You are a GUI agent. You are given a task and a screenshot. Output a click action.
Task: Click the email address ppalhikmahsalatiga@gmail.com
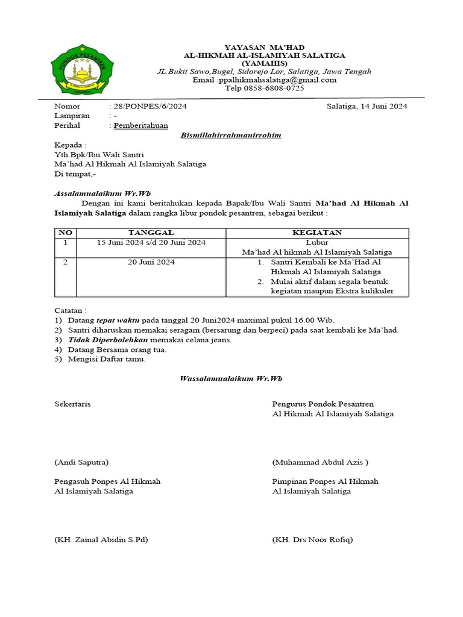[x=265, y=80]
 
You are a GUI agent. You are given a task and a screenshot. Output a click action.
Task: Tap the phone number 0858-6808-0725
[x=273, y=89]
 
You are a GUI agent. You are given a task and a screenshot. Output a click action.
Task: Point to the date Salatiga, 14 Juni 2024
[x=367, y=107]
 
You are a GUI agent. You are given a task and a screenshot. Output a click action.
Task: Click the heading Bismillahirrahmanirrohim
[x=231, y=136]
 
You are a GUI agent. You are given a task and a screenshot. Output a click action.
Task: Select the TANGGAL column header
[x=151, y=233]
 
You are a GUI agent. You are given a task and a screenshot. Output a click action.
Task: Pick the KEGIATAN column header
[x=317, y=233]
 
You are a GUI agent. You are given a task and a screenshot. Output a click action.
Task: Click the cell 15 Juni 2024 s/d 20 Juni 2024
[x=151, y=242]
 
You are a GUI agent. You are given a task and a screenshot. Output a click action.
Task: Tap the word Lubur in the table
[x=317, y=242]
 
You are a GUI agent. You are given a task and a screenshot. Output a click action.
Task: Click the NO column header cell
[x=65, y=233]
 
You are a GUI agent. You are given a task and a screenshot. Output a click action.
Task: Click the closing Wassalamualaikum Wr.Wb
[x=231, y=379]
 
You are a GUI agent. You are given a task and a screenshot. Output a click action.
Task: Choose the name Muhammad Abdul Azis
[x=320, y=463]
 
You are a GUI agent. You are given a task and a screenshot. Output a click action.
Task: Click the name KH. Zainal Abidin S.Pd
[x=101, y=540]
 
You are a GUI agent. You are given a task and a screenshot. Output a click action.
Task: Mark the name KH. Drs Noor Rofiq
[x=312, y=540]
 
